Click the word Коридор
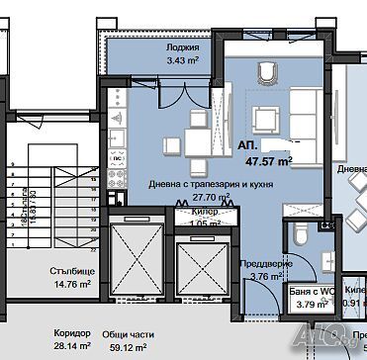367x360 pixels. tap(69, 333)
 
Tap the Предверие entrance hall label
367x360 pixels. tap(265, 263)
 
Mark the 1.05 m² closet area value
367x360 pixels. tap(204, 223)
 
